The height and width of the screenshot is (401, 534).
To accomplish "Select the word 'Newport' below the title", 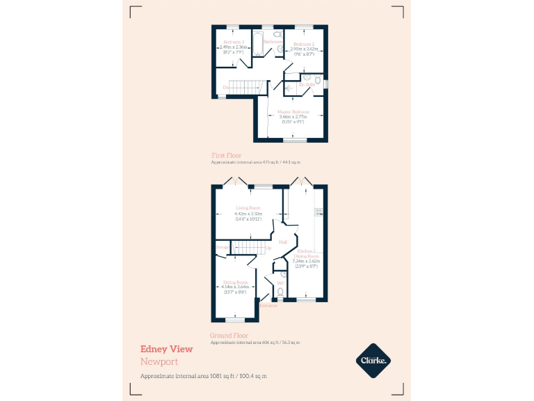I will click(159, 362).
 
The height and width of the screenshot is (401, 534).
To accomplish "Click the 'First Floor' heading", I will click(227, 155).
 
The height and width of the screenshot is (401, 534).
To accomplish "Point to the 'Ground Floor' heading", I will click(229, 336).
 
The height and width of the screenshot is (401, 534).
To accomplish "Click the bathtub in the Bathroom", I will click(257, 42).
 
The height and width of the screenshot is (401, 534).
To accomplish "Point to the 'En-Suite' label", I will click(307, 84).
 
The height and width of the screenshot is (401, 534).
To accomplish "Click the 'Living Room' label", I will click(248, 208).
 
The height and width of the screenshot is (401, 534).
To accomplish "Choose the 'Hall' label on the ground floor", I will click(283, 242).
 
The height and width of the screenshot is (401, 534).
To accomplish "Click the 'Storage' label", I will click(222, 247).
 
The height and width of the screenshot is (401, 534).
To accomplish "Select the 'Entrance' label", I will click(268, 306).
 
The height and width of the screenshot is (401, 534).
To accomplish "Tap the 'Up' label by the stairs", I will click(268, 248).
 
